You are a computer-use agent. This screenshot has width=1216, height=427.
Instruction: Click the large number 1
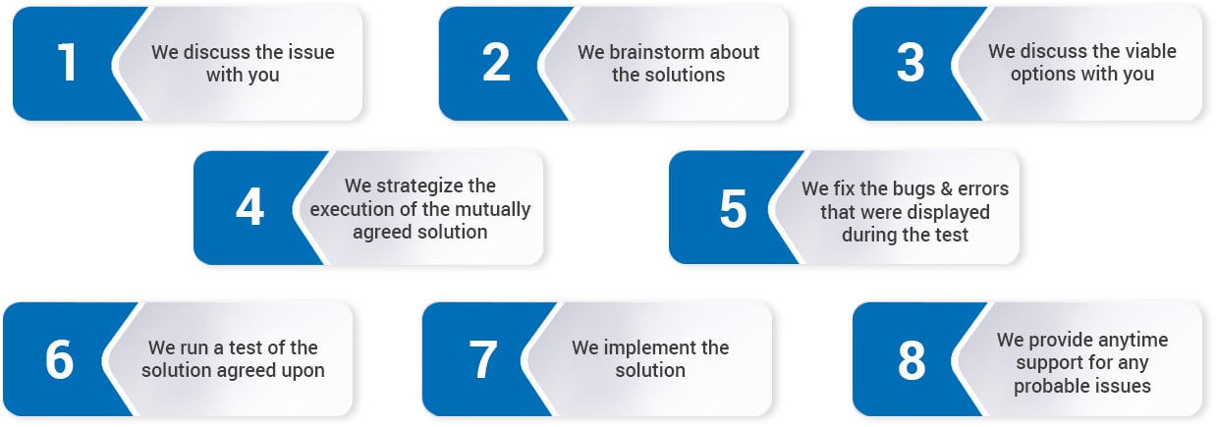point(68,63)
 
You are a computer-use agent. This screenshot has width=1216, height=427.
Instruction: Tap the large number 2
point(496,63)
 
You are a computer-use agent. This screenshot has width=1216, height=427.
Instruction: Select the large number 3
point(911,63)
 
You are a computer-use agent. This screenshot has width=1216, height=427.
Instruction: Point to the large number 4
point(249,207)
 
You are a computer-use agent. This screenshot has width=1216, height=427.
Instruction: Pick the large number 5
point(733,208)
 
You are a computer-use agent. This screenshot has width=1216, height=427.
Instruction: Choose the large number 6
point(59,358)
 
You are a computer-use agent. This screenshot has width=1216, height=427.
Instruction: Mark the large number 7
point(483,358)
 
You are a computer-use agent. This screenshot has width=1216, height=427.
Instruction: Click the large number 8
point(911,359)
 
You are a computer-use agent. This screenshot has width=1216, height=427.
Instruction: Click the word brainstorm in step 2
point(656,52)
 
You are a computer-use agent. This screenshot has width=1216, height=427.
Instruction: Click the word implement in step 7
point(641,347)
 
